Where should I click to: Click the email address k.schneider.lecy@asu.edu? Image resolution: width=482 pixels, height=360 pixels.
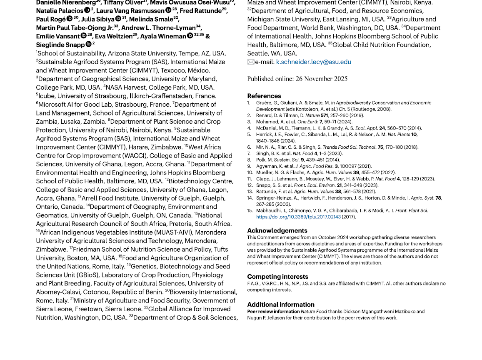[x=313, y=62]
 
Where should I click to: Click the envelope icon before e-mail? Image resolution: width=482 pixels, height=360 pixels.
[x=251, y=62]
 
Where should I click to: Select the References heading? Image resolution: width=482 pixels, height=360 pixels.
[x=264, y=96]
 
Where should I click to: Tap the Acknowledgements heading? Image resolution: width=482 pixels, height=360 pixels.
[x=277, y=230]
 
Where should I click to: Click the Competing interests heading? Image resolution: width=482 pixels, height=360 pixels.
[x=277, y=277]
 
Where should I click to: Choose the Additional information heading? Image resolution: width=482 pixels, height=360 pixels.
[x=281, y=305]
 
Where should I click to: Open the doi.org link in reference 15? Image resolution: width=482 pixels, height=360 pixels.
[x=298, y=217]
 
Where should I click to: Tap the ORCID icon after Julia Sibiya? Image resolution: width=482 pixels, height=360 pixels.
[x=118, y=19]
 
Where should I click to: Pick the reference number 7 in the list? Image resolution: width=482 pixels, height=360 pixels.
[x=249, y=153]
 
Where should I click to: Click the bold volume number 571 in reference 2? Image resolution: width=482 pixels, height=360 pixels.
[x=324, y=115]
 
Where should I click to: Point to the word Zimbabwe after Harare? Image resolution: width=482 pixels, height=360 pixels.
[x=166, y=147]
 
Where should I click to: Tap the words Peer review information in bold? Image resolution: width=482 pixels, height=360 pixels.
[x=273, y=311]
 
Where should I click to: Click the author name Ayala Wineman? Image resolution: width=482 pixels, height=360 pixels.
[x=163, y=36]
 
